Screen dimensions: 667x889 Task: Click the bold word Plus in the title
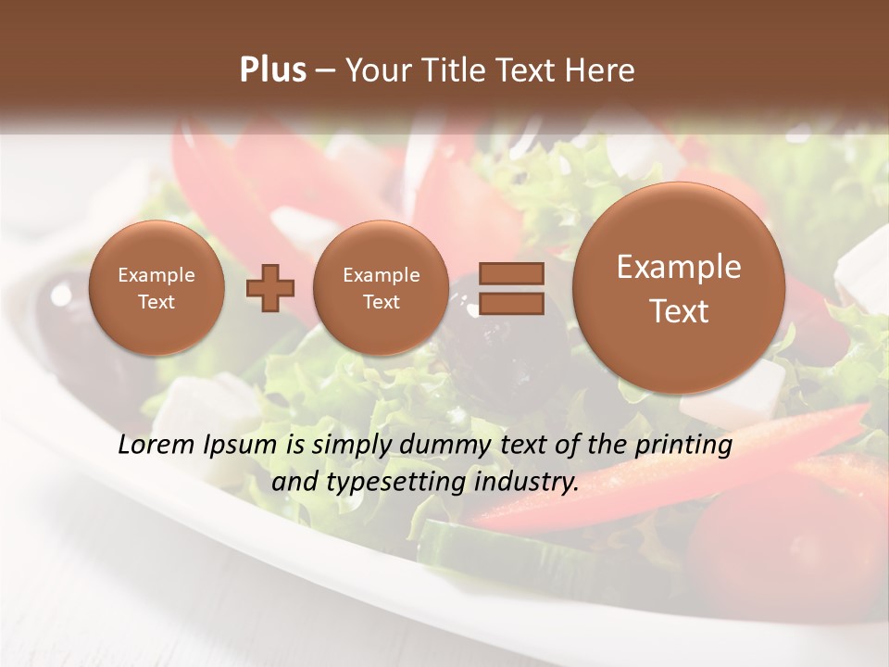click(272, 70)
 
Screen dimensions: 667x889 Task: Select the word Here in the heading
click(600, 70)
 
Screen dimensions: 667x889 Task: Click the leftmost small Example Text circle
click(157, 288)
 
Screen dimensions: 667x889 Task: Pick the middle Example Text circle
click(382, 288)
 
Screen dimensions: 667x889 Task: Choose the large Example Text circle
click(679, 288)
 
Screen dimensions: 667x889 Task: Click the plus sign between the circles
click(270, 288)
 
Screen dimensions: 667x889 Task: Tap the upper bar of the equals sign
click(511, 273)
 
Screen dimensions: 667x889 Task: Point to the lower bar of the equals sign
click(511, 303)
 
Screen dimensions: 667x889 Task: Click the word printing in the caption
click(683, 446)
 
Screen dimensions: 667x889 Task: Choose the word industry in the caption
click(529, 483)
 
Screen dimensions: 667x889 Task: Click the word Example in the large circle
click(679, 267)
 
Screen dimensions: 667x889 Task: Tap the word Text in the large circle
click(679, 311)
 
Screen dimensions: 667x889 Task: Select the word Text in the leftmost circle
click(157, 302)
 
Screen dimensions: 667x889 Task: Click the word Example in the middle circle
click(382, 275)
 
